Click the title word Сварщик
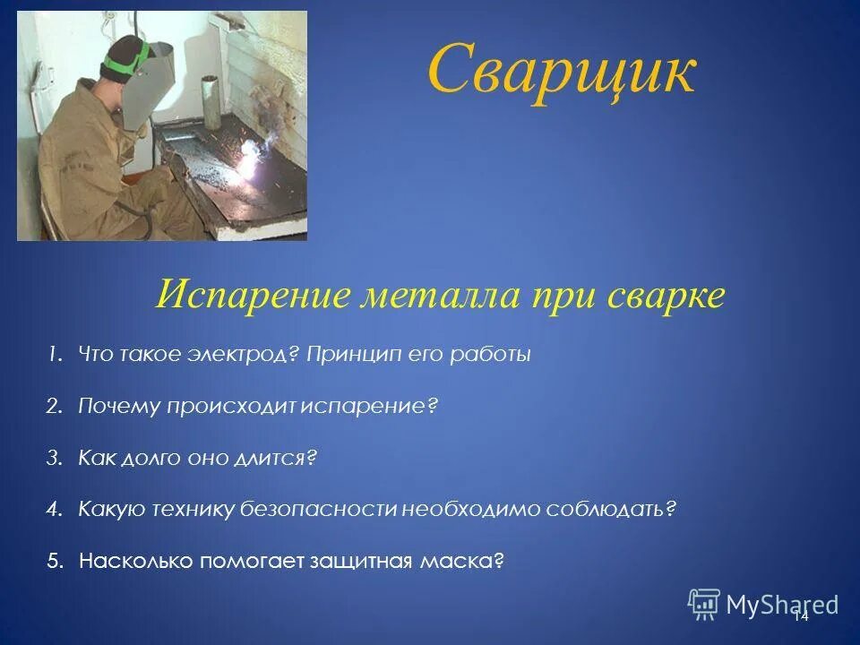tap(561, 72)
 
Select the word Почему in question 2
tap(118, 407)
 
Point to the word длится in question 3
tap(279, 459)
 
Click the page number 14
tap(800, 615)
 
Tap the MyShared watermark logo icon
tap(704, 604)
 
